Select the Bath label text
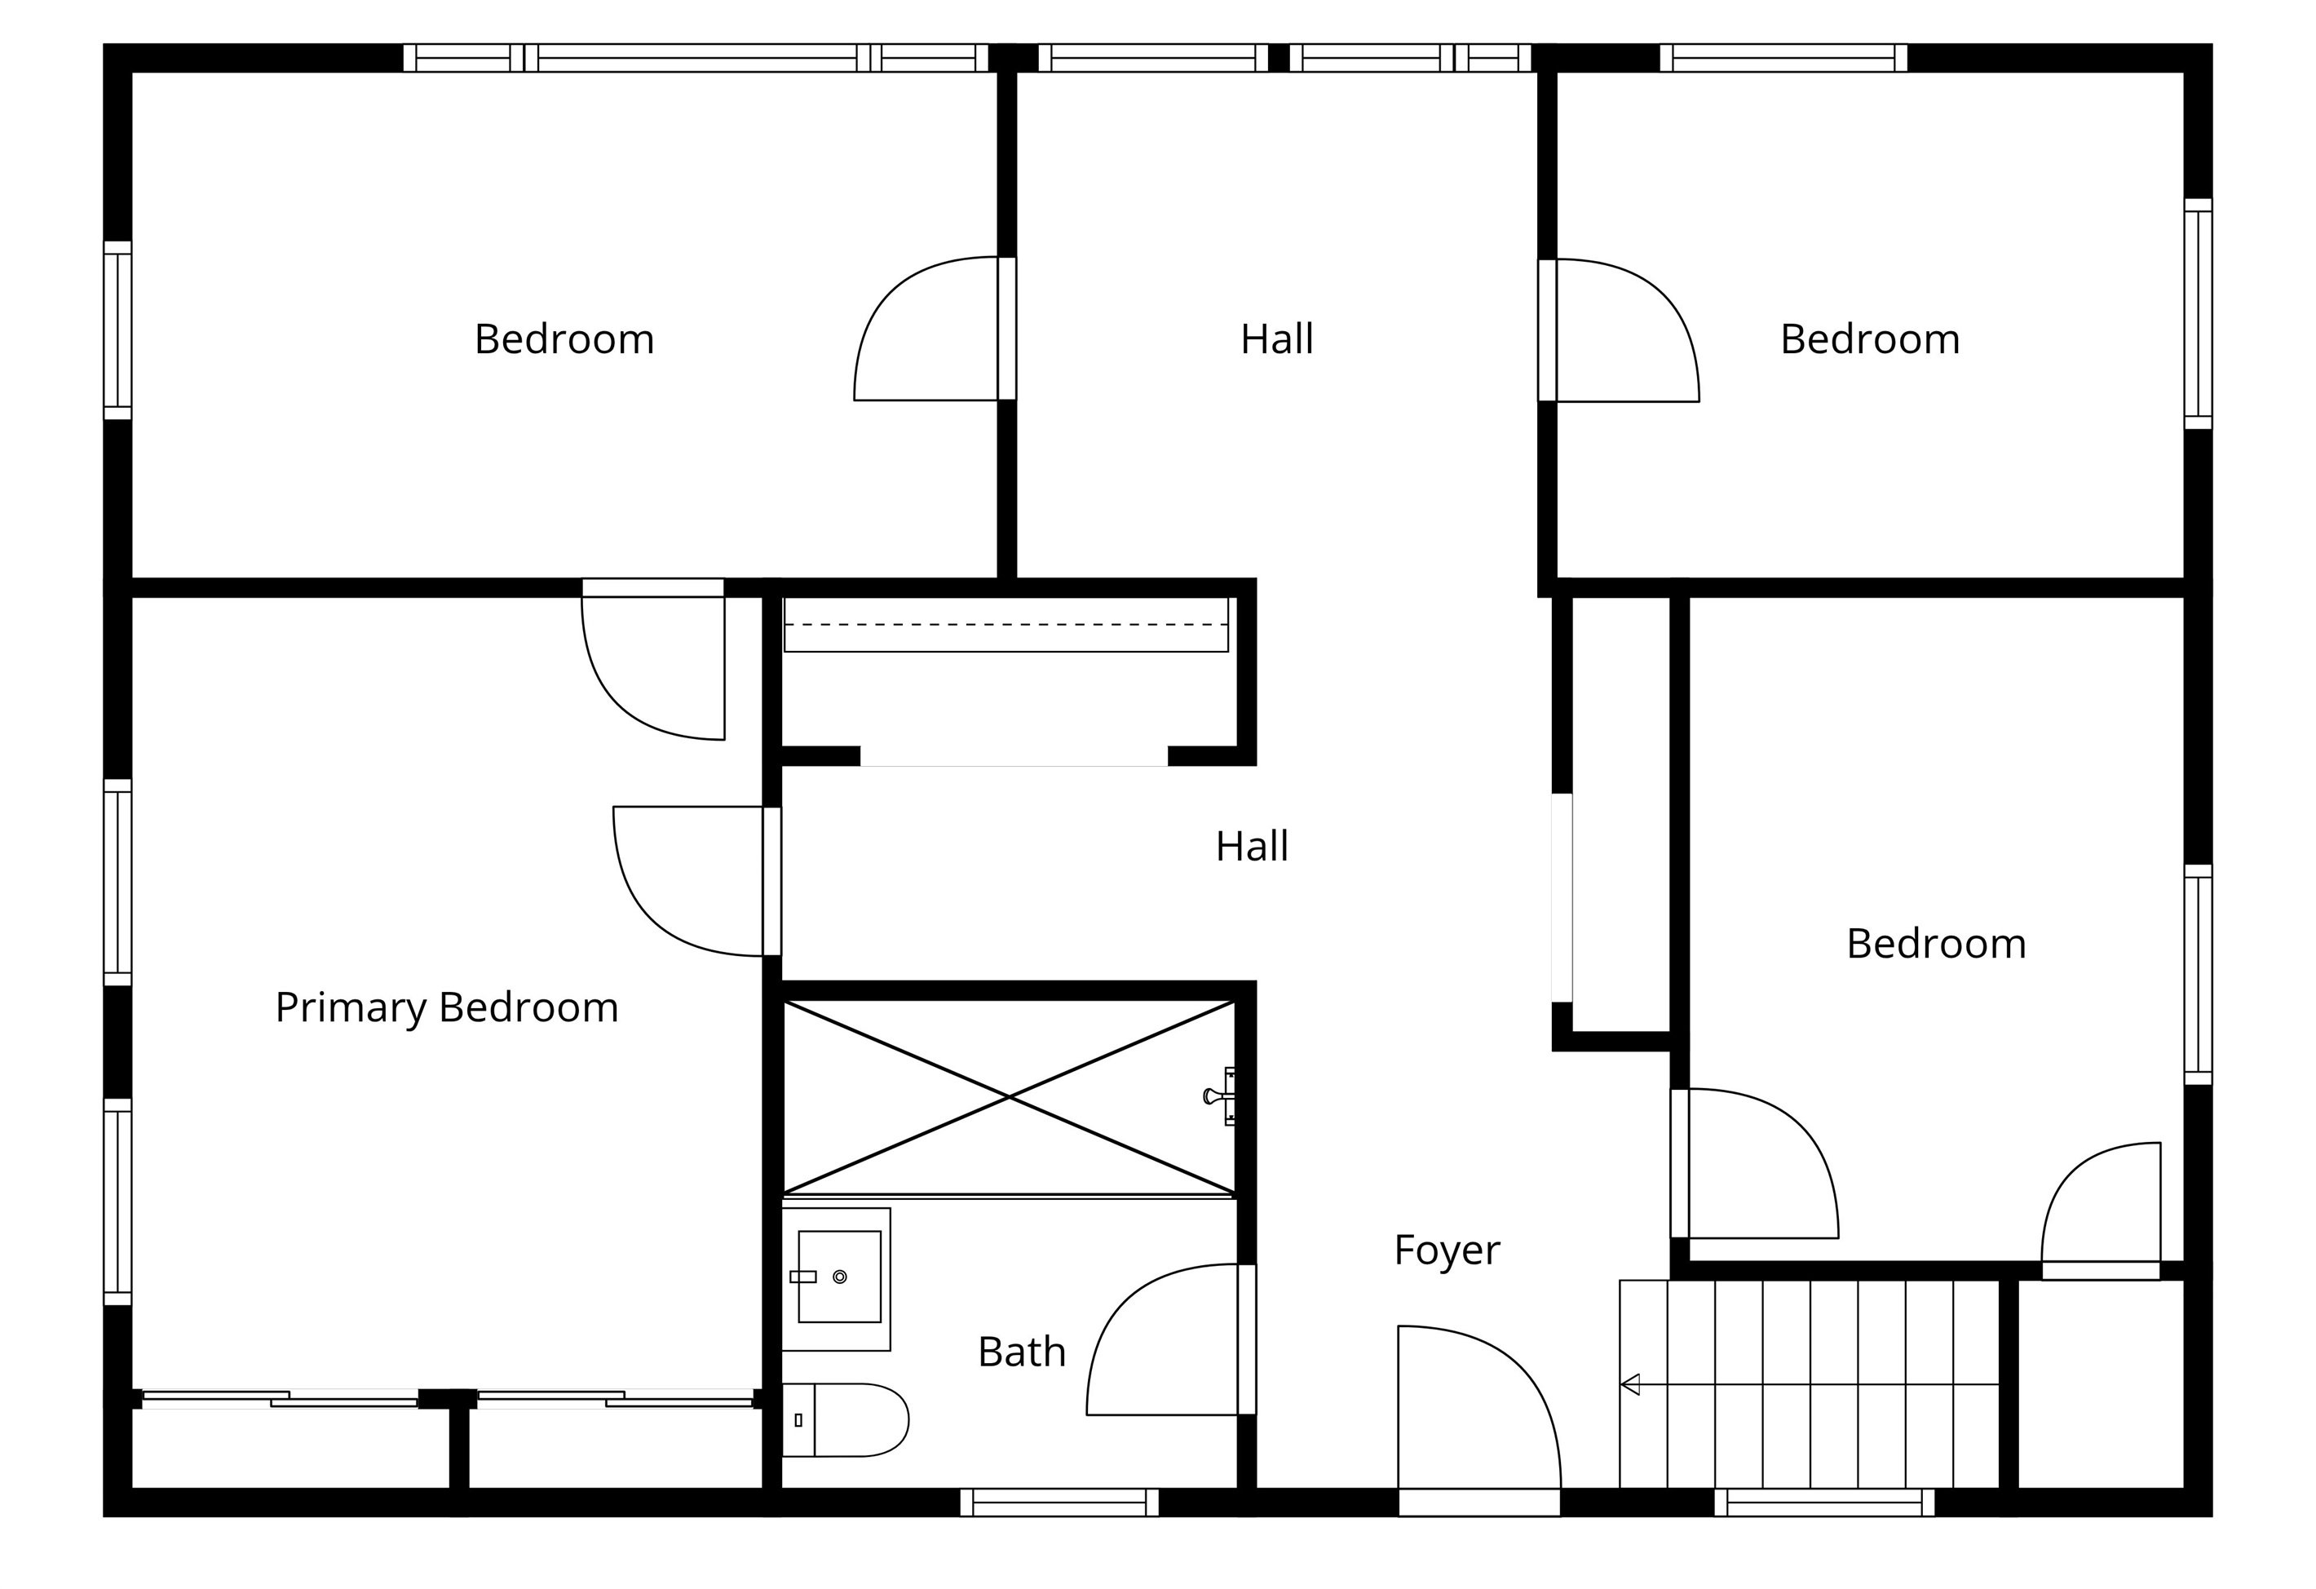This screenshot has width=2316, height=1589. coord(1022,1352)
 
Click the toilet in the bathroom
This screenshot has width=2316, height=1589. coord(845,1419)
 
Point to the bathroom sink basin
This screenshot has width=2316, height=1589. coord(839,1277)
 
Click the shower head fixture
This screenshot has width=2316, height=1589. coord(1219,1096)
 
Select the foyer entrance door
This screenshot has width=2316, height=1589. coord(1478,1408)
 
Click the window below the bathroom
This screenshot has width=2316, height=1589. coord(1059,1503)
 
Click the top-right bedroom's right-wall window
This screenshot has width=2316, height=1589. coord(2199,314)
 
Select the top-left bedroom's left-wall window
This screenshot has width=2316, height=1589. coord(117,330)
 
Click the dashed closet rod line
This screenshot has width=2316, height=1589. coord(1006,625)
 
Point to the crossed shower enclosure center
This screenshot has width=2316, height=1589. coord(1010,1098)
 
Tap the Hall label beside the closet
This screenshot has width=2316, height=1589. coord(1252,848)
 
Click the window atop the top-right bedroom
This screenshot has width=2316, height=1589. coord(1783,58)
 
